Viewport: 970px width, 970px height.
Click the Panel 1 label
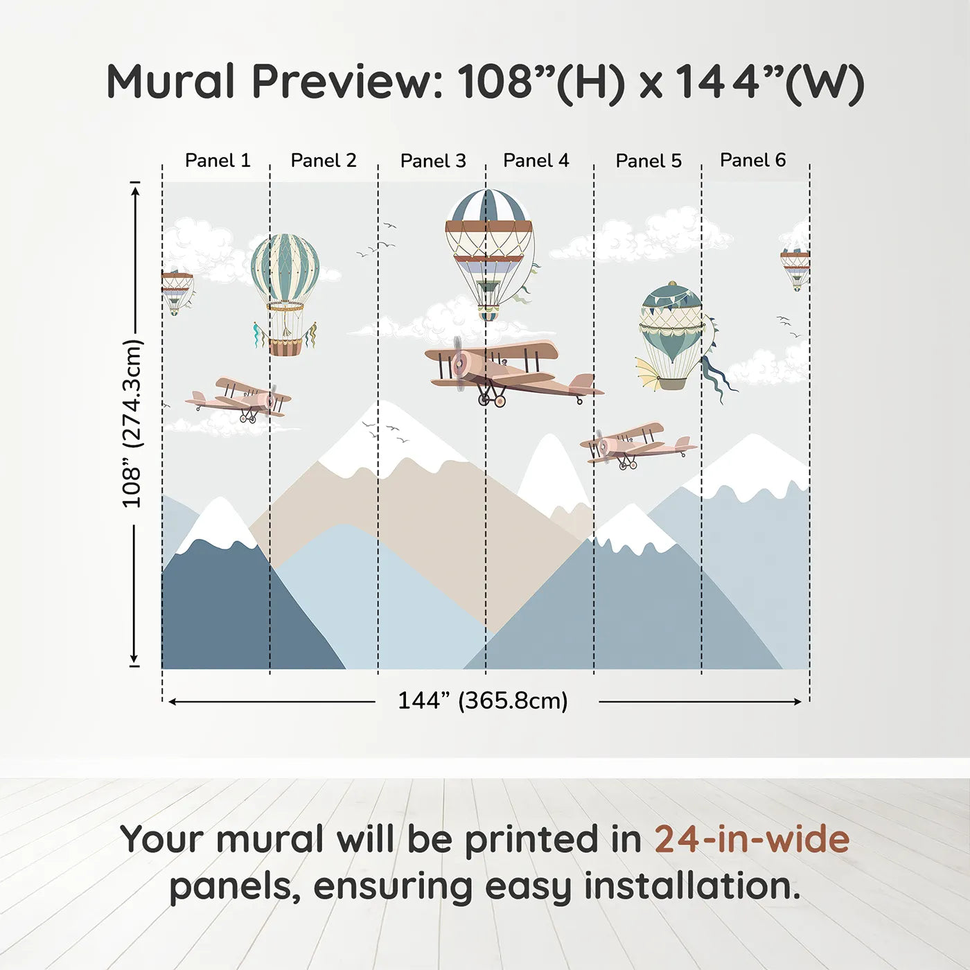coord(218,161)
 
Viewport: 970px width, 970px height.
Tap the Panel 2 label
coord(324,161)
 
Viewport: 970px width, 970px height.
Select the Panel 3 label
coord(433,161)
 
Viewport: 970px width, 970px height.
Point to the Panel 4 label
coord(536,161)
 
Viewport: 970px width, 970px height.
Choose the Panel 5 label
coord(649,161)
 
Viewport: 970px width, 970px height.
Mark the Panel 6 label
coord(752,160)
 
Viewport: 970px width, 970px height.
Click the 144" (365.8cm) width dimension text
coord(483,700)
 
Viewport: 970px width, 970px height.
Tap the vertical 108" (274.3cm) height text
coord(133,423)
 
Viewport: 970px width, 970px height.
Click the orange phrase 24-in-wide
coord(752,839)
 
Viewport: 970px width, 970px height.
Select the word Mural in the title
coord(170,81)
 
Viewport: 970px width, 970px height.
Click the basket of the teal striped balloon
coord(285,347)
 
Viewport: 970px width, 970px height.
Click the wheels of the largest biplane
coord(492,400)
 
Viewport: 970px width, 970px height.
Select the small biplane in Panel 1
coord(238,399)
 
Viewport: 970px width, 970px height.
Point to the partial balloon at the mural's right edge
coord(795,267)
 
